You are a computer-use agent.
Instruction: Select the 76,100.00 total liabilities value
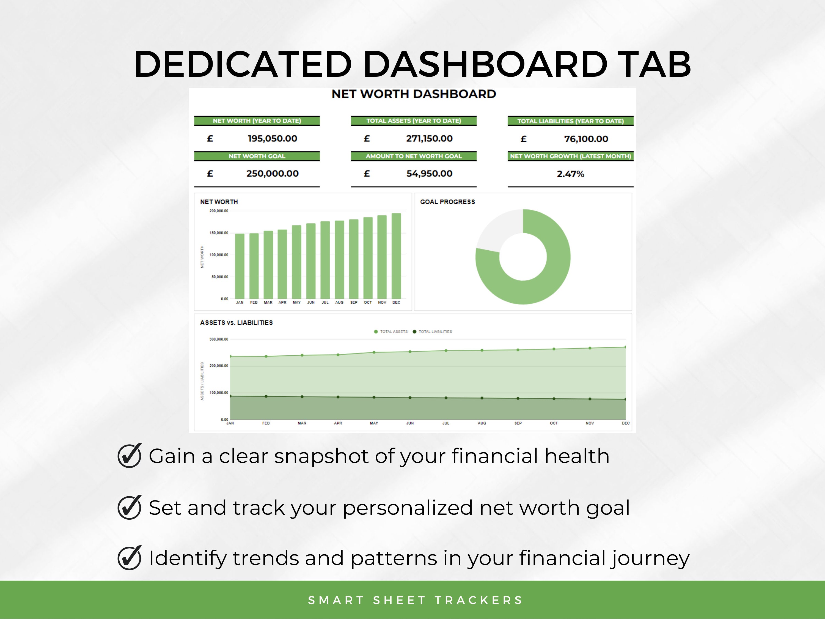coord(586,139)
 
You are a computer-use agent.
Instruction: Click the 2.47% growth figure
coord(570,174)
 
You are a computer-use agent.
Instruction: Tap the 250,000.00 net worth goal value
coord(272,174)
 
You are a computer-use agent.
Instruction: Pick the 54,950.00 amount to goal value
coord(429,174)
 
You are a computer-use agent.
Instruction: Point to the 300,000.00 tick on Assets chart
coord(219,339)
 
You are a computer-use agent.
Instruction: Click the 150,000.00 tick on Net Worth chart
coord(219,233)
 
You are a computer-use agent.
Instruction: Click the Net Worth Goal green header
coord(257,156)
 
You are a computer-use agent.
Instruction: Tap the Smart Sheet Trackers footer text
coord(415,600)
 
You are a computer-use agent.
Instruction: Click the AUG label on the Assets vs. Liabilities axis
coord(482,423)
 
